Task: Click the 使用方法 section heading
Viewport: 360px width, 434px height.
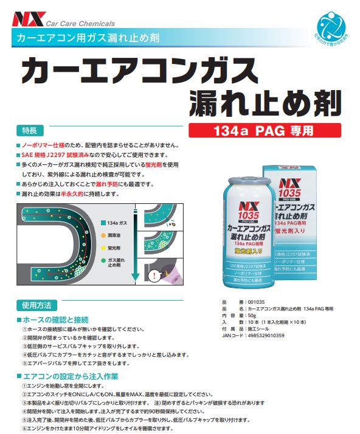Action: [x=38, y=305]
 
